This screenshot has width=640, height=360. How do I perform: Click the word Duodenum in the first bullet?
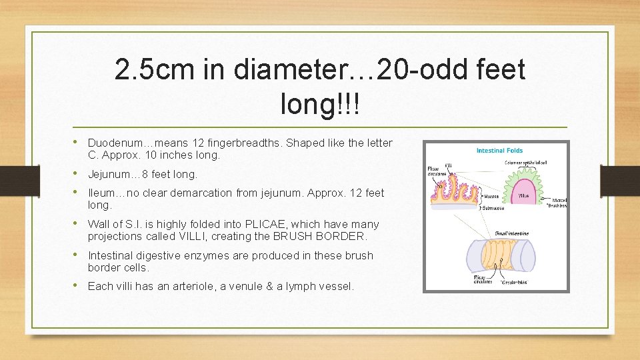[x=113, y=143]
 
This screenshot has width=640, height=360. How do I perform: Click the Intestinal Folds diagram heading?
[x=499, y=151]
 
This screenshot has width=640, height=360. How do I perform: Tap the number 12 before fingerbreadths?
[x=198, y=143]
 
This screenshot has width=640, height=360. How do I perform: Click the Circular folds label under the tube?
[x=513, y=281]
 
